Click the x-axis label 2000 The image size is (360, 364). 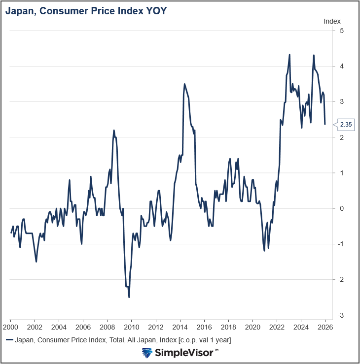tap(10, 327)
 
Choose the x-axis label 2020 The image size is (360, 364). tap(252, 327)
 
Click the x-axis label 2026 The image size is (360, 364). tap(325, 327)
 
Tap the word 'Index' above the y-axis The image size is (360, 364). tap(332, 21)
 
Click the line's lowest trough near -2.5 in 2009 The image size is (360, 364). tap(129, 297)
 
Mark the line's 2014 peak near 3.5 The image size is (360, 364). tap(184, 84)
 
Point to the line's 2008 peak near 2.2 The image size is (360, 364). tap(114, 131)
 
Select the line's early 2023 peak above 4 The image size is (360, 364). tap(289, 55)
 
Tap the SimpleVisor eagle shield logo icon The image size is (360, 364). tap(147, 353)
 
